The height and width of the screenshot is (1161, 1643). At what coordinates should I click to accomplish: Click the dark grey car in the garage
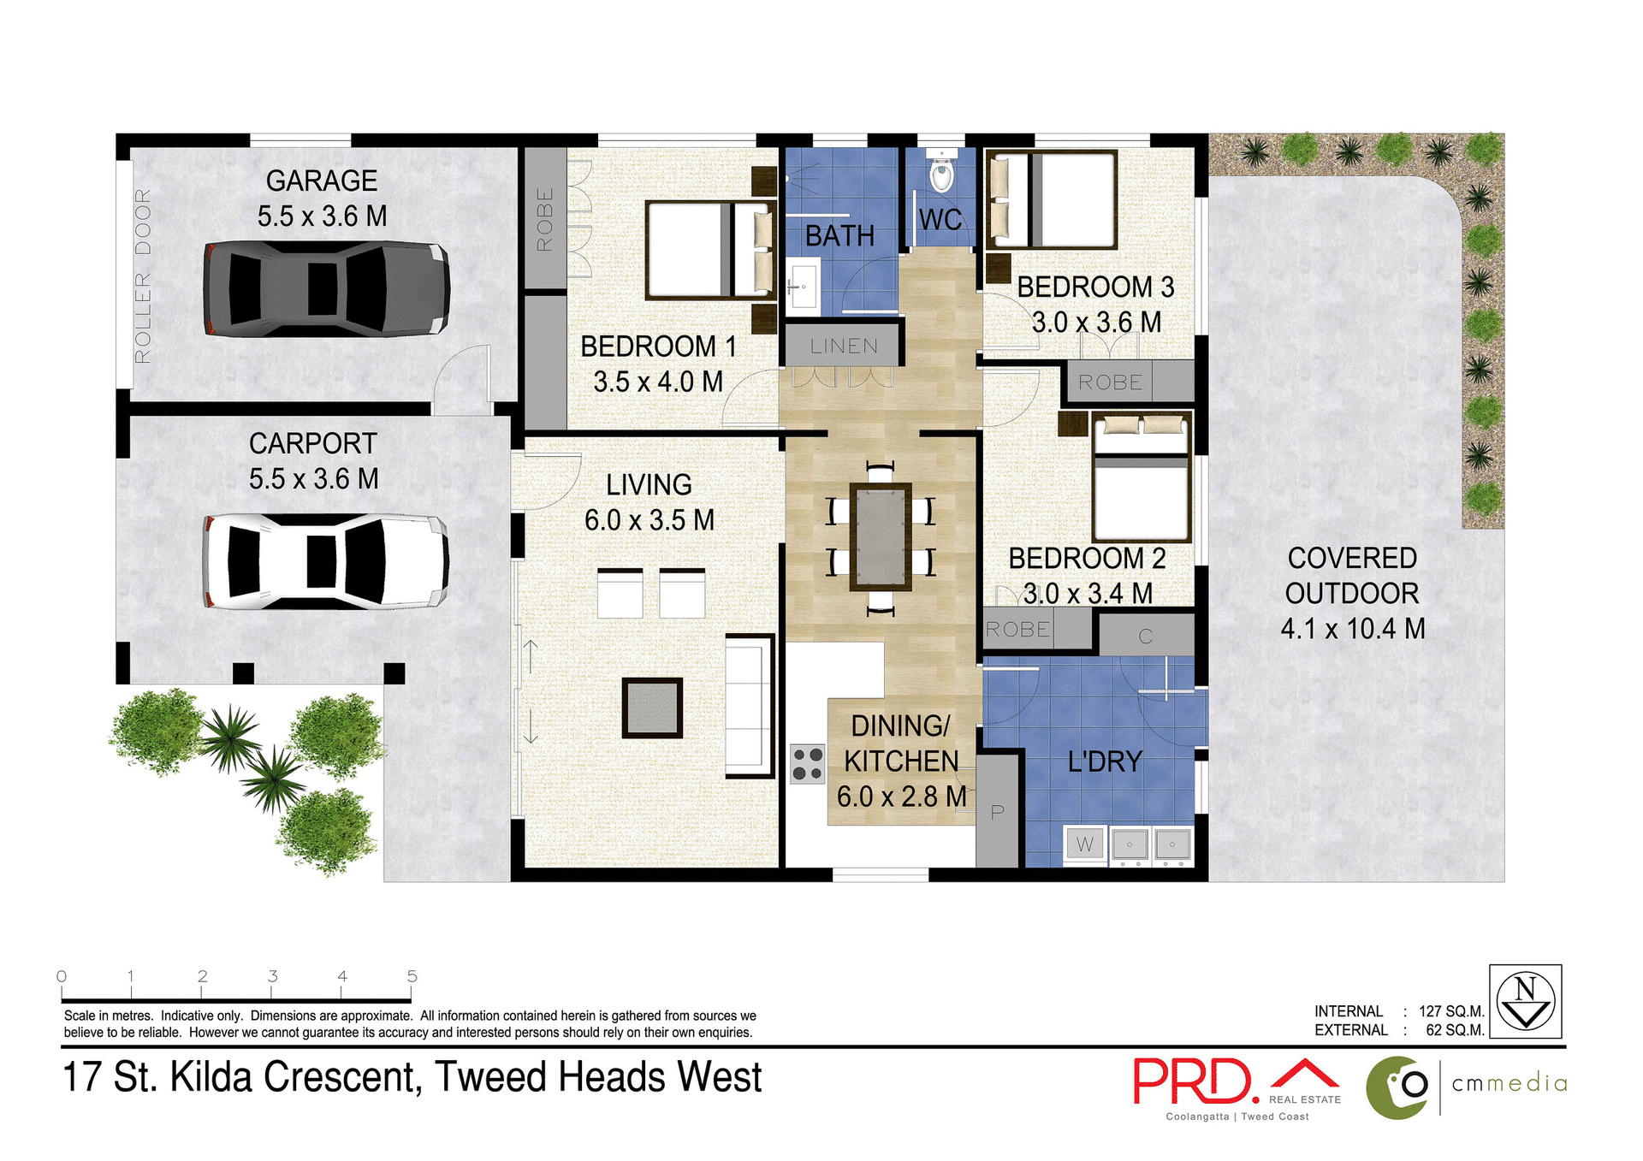coord(325,289)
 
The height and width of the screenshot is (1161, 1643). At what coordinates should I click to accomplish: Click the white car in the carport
coord(325,561)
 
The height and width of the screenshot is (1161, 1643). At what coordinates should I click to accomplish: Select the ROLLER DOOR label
coord(143,275)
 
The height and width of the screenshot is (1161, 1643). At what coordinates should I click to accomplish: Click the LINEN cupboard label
coord(844,346)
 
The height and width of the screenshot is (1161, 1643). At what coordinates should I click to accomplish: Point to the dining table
coord(881,537)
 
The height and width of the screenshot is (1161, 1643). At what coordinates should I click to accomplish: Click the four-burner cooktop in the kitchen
coord(807,763)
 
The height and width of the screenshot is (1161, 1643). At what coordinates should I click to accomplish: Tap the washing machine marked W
coord(1084,844)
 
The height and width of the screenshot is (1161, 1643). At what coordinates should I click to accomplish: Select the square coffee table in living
coord(652,708)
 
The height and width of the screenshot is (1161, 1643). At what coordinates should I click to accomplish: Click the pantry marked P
coord(997,811)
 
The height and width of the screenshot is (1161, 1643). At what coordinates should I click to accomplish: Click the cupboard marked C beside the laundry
coord(1145,636)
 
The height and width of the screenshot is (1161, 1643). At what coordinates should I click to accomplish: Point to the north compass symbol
coord(1525,1001)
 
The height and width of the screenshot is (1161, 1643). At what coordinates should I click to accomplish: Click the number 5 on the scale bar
coord(412,976)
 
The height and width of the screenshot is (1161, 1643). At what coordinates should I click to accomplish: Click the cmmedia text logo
coord(1510,1084)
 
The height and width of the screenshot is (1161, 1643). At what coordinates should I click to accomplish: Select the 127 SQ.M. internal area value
coord(1451,1011)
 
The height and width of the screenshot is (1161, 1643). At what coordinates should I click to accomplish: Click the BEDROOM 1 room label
coord(657,347)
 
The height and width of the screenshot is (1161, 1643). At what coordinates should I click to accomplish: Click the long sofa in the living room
coord(749,707)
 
